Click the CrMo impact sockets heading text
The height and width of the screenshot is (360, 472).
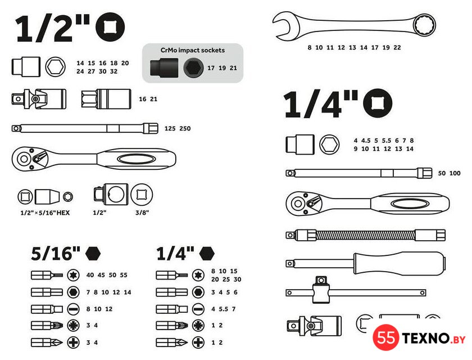tap(193, 50)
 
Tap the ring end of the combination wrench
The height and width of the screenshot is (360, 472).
tap(424, 24)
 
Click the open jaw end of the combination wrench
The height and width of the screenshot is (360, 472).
tap(284, 26)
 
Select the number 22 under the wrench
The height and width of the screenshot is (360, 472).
tap(397, 48)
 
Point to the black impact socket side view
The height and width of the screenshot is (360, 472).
tap(164, 68)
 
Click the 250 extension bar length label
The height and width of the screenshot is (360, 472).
tap(185, 129)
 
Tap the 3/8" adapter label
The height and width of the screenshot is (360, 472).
tap(142, 213)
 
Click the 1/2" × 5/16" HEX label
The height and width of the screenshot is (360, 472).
tap(45, 213)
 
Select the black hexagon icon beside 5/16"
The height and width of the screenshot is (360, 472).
tap(93, 253)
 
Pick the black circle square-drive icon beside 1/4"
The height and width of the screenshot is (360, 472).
tap(378, 103)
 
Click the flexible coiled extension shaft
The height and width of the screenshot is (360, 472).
tap(365, 235)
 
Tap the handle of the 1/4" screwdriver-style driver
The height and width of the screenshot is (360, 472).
tap(399, 264)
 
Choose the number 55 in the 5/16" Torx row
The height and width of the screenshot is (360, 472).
tap(124, 275)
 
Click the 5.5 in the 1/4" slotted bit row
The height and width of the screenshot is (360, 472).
tap(224, 309)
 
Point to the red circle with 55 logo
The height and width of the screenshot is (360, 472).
tap(386, 337)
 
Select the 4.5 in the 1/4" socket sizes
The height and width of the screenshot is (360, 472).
tap(366, 141)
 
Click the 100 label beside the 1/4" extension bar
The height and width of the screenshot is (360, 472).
tap(455, 173)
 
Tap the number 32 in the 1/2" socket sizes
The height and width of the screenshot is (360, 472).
tap(114, 71)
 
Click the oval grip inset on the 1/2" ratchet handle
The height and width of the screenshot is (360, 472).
tap(137, 159)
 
